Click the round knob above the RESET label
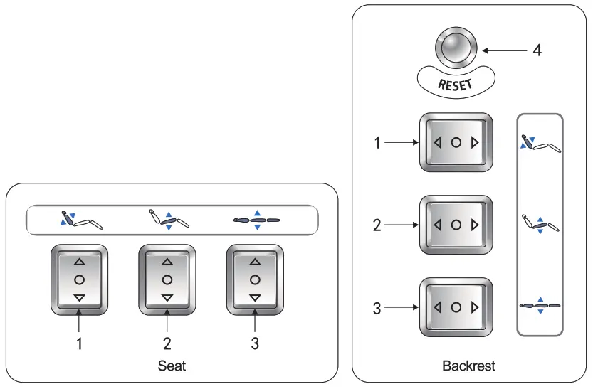[456, 50]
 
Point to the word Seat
[171, 366]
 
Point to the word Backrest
[468, 366]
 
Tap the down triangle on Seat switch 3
[254, 297]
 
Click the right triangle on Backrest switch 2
[474, 225]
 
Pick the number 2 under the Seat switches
[167, 344]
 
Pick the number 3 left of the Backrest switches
[378, 308]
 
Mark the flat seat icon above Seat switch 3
[257, 220]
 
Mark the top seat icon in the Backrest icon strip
[540, 143]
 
